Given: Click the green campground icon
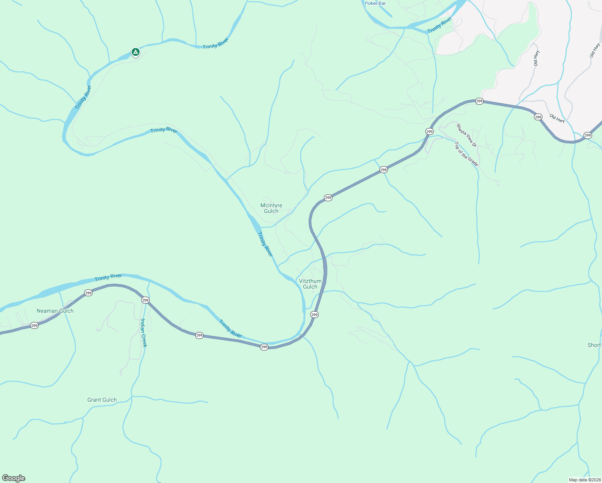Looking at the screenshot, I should [x=136, y=52].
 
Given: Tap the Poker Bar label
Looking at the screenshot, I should [x=375, y=3].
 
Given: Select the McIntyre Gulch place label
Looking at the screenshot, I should [x=271, y=208].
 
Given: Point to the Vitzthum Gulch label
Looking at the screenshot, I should [x=310, y=284].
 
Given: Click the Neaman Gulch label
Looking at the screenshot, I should [x=55, y=311].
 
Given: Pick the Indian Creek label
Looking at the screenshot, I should [x=144, y=333].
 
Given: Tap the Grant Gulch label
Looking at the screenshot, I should [x=102, y=400].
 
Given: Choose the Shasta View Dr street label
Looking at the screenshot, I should [x=466, y=135].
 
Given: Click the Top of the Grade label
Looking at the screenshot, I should [x=466, y=154].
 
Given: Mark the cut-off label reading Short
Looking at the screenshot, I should [x=594, y=345].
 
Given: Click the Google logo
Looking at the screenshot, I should [x=14, y=478].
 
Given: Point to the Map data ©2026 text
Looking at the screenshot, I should [x=584, y=480].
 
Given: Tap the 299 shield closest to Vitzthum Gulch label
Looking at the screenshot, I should [x=314, y=314].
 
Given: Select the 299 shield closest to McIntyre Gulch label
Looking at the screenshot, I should [x=328, y=198].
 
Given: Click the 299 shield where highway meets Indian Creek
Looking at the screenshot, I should [x=145, y=300].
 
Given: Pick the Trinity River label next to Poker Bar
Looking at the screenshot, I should [x=439, y=25].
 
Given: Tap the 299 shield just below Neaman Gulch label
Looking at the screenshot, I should [x=35, y=325].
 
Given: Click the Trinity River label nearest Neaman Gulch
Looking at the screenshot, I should [x=108, y=277].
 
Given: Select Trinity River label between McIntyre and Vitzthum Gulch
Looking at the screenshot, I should [x=265, y=244].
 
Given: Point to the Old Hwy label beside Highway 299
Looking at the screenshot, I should [x=557, y=118].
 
